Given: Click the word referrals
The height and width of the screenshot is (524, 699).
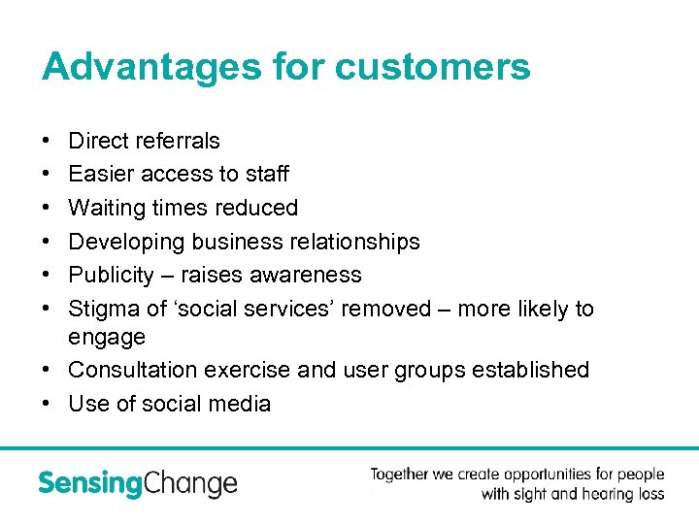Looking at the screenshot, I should [179, 141].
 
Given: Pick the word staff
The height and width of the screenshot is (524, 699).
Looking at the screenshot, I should [267, 175].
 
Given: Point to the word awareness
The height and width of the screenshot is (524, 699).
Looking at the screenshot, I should [305, 276].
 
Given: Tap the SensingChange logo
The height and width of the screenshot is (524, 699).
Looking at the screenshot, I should [137, 482].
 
